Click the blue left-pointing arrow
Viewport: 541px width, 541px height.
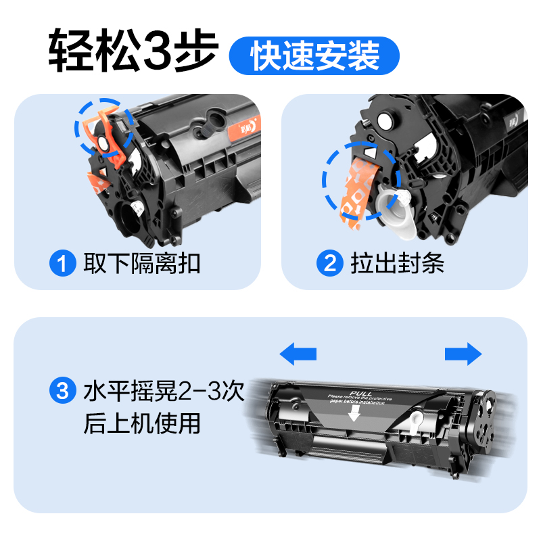tap(298, 353)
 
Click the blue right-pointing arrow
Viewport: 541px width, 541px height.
tap(463, 354)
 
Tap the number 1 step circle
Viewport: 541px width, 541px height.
tap(62, 263)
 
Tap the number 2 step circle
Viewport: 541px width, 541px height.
tap(331, 263)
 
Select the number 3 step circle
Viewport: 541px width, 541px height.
tap(62, 391)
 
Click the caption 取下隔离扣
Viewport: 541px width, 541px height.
tap(141, 263)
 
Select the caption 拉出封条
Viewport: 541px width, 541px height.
tap(397, 263)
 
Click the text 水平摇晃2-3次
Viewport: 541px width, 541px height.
tap(162, 391)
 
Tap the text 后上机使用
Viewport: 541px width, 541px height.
tap(141, 424)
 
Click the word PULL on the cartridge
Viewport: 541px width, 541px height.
tap(357, 392)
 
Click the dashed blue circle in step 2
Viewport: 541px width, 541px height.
tap(361, 181)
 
